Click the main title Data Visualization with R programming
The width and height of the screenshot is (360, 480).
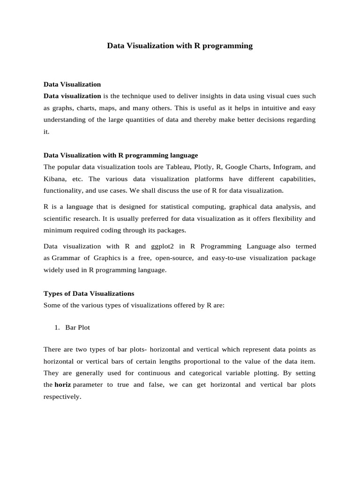point(180,46)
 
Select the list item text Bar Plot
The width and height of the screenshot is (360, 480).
point(78,328)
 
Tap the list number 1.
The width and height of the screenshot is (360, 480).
point(58,328)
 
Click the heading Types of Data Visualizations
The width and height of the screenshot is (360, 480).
point(89,293)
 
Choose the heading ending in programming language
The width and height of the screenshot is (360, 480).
point(120,155)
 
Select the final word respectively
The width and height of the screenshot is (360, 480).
point(62,397)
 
